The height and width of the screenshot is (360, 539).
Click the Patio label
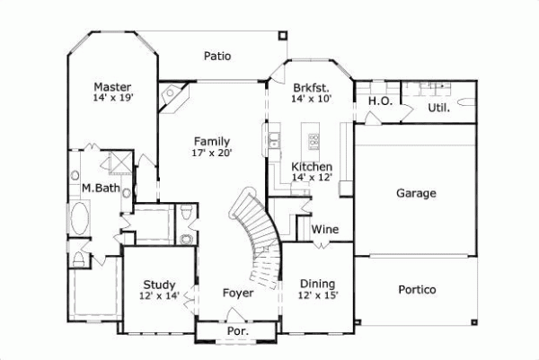[x=216, y=56]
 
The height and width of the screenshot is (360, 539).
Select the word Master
[x=113, y=87]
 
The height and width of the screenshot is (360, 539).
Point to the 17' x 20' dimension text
[x=212, y=154]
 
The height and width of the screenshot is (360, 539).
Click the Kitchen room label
[x=312, y=167]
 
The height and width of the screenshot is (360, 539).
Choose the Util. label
[x=437, y=108]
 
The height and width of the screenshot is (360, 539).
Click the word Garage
[x=416, y=193]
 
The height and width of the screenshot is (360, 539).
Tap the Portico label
[x=416, y=290]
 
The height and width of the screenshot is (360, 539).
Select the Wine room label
[x=324, y=230]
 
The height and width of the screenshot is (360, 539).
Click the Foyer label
[x=237, y=293]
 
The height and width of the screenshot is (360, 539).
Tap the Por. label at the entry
[x=237, y=331]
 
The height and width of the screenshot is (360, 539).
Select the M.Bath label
[x=101, y=188]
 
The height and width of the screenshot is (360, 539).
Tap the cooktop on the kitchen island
[x=314, y=140]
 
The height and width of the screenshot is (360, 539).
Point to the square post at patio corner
[x=284, y=35]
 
